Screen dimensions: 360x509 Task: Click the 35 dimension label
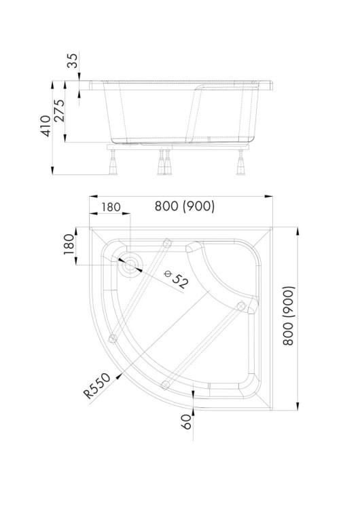coord(73,60)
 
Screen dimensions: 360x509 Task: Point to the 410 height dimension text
coord(46,126)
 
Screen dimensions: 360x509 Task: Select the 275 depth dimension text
coord(59,111)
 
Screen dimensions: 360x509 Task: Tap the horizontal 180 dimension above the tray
coord(111,207)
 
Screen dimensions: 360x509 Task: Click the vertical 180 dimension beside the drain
coord(69,244)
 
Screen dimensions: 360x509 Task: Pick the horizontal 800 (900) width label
coord(185,206)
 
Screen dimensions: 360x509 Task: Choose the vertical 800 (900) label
coord(288,316)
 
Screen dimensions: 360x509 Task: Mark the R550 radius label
coord(97,385)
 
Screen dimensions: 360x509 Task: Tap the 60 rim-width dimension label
coord(187,422)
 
